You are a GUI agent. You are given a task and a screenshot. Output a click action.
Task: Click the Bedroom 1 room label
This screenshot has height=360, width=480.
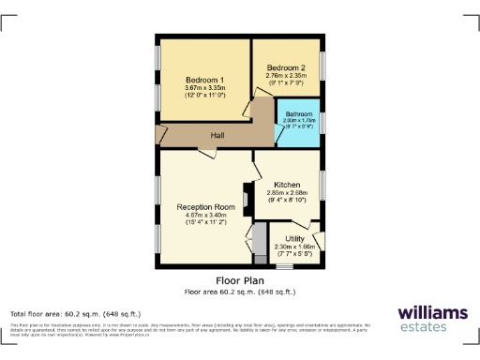(x=202, y=81)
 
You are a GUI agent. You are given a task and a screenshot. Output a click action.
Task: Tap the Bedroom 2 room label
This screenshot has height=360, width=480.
(x=285, y=68)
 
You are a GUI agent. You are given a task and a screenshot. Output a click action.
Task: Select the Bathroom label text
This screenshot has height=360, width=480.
(x=299, y=114)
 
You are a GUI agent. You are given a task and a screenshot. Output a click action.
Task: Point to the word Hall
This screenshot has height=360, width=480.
(x=217, y=135)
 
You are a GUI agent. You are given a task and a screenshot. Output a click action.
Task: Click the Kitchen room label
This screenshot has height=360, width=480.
(x=286, y=185)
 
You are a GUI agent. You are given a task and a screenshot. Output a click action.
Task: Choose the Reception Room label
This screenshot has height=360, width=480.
(x=204, y=207)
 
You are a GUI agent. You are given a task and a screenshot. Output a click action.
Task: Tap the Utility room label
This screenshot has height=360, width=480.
(x=294, y=239)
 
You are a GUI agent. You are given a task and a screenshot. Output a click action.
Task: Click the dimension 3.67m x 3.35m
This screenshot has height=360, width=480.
(x=202, y=89)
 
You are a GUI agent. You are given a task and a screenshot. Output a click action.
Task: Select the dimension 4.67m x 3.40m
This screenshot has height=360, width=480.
(x=204, y=217)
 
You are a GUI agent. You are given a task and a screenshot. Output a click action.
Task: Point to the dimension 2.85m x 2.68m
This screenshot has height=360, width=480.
(x=286, y=193)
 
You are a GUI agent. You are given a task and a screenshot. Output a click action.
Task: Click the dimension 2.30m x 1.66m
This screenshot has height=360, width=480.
(x=294, y=247)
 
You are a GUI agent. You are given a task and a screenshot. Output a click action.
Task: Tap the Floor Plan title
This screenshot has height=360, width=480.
(x=240, y=280)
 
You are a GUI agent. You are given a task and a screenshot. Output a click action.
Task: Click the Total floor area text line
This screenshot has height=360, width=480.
(x=75, y=313)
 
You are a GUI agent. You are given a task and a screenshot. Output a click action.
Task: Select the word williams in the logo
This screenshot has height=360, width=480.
(x=432, y=312)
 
